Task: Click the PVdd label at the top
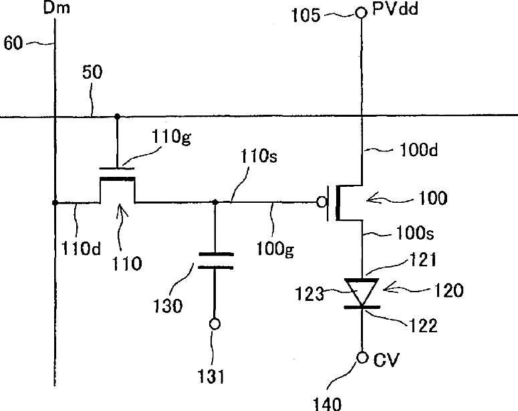tap(395, 9)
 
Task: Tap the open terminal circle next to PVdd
tap(361, 13)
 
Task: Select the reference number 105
tap(305, 15)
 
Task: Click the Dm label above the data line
tap(57, 7)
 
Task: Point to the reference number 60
tap(13, 43)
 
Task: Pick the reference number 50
tap(92, 72)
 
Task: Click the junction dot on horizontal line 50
tap(117, 116)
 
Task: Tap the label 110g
tap(171, 136)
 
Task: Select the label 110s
tap(259, 156)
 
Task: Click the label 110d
tap(82, 248)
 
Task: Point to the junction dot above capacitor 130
tap(215, 202)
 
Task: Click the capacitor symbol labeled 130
tap(216, 261)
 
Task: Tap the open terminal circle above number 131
tap(215, 324)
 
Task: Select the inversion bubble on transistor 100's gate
tap(321, 201)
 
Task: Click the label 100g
tap(275, 249)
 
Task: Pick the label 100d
tap(418, 150)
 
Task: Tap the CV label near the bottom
tap(386, 360)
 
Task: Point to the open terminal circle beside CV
tap(362, 358)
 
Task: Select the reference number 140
tap(327, 404)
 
